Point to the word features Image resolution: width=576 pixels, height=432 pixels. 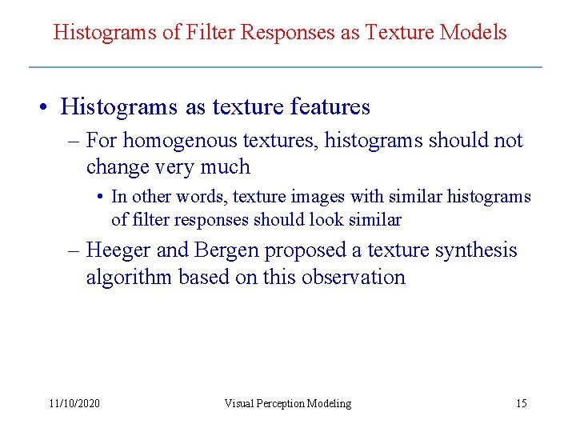330,106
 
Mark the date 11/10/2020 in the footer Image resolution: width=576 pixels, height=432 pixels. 74,403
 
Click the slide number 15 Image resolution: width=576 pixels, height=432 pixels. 521,403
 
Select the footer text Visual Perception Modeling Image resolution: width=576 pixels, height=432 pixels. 287,403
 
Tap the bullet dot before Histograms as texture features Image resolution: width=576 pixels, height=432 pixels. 48,107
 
